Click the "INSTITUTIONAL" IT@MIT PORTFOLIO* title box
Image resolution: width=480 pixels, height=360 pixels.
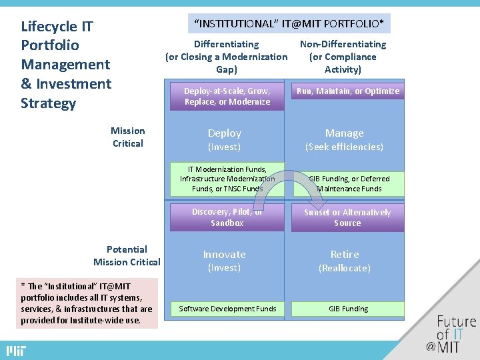(289, 24)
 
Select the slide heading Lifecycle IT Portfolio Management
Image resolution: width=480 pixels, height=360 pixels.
(66, 65)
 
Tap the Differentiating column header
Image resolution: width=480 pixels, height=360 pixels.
(226, 57)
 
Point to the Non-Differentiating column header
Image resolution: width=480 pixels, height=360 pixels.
(343, 57)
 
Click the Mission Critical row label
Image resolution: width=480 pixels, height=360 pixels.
(127, 137)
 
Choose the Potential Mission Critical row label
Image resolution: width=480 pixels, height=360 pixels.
(127, 255)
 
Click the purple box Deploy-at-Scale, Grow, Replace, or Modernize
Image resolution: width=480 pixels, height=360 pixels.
(227, 97)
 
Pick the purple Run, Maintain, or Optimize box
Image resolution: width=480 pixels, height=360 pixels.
(347, 91)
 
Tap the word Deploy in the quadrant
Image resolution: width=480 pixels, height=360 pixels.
(225, 133)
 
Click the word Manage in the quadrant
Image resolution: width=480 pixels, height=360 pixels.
(344, 133)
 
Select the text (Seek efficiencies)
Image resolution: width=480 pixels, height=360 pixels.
(344, 147)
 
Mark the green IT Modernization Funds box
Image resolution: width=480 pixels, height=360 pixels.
(227, 179)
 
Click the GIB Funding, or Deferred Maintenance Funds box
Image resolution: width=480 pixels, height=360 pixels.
(349, 183)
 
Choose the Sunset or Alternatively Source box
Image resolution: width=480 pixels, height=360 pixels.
(347, 218)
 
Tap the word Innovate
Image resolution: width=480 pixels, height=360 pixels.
(224, 255)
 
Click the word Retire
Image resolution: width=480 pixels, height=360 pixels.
(344, 255)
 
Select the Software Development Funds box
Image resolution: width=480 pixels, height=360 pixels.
(227, 309)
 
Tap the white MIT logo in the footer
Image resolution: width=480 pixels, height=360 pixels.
(16, 351)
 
